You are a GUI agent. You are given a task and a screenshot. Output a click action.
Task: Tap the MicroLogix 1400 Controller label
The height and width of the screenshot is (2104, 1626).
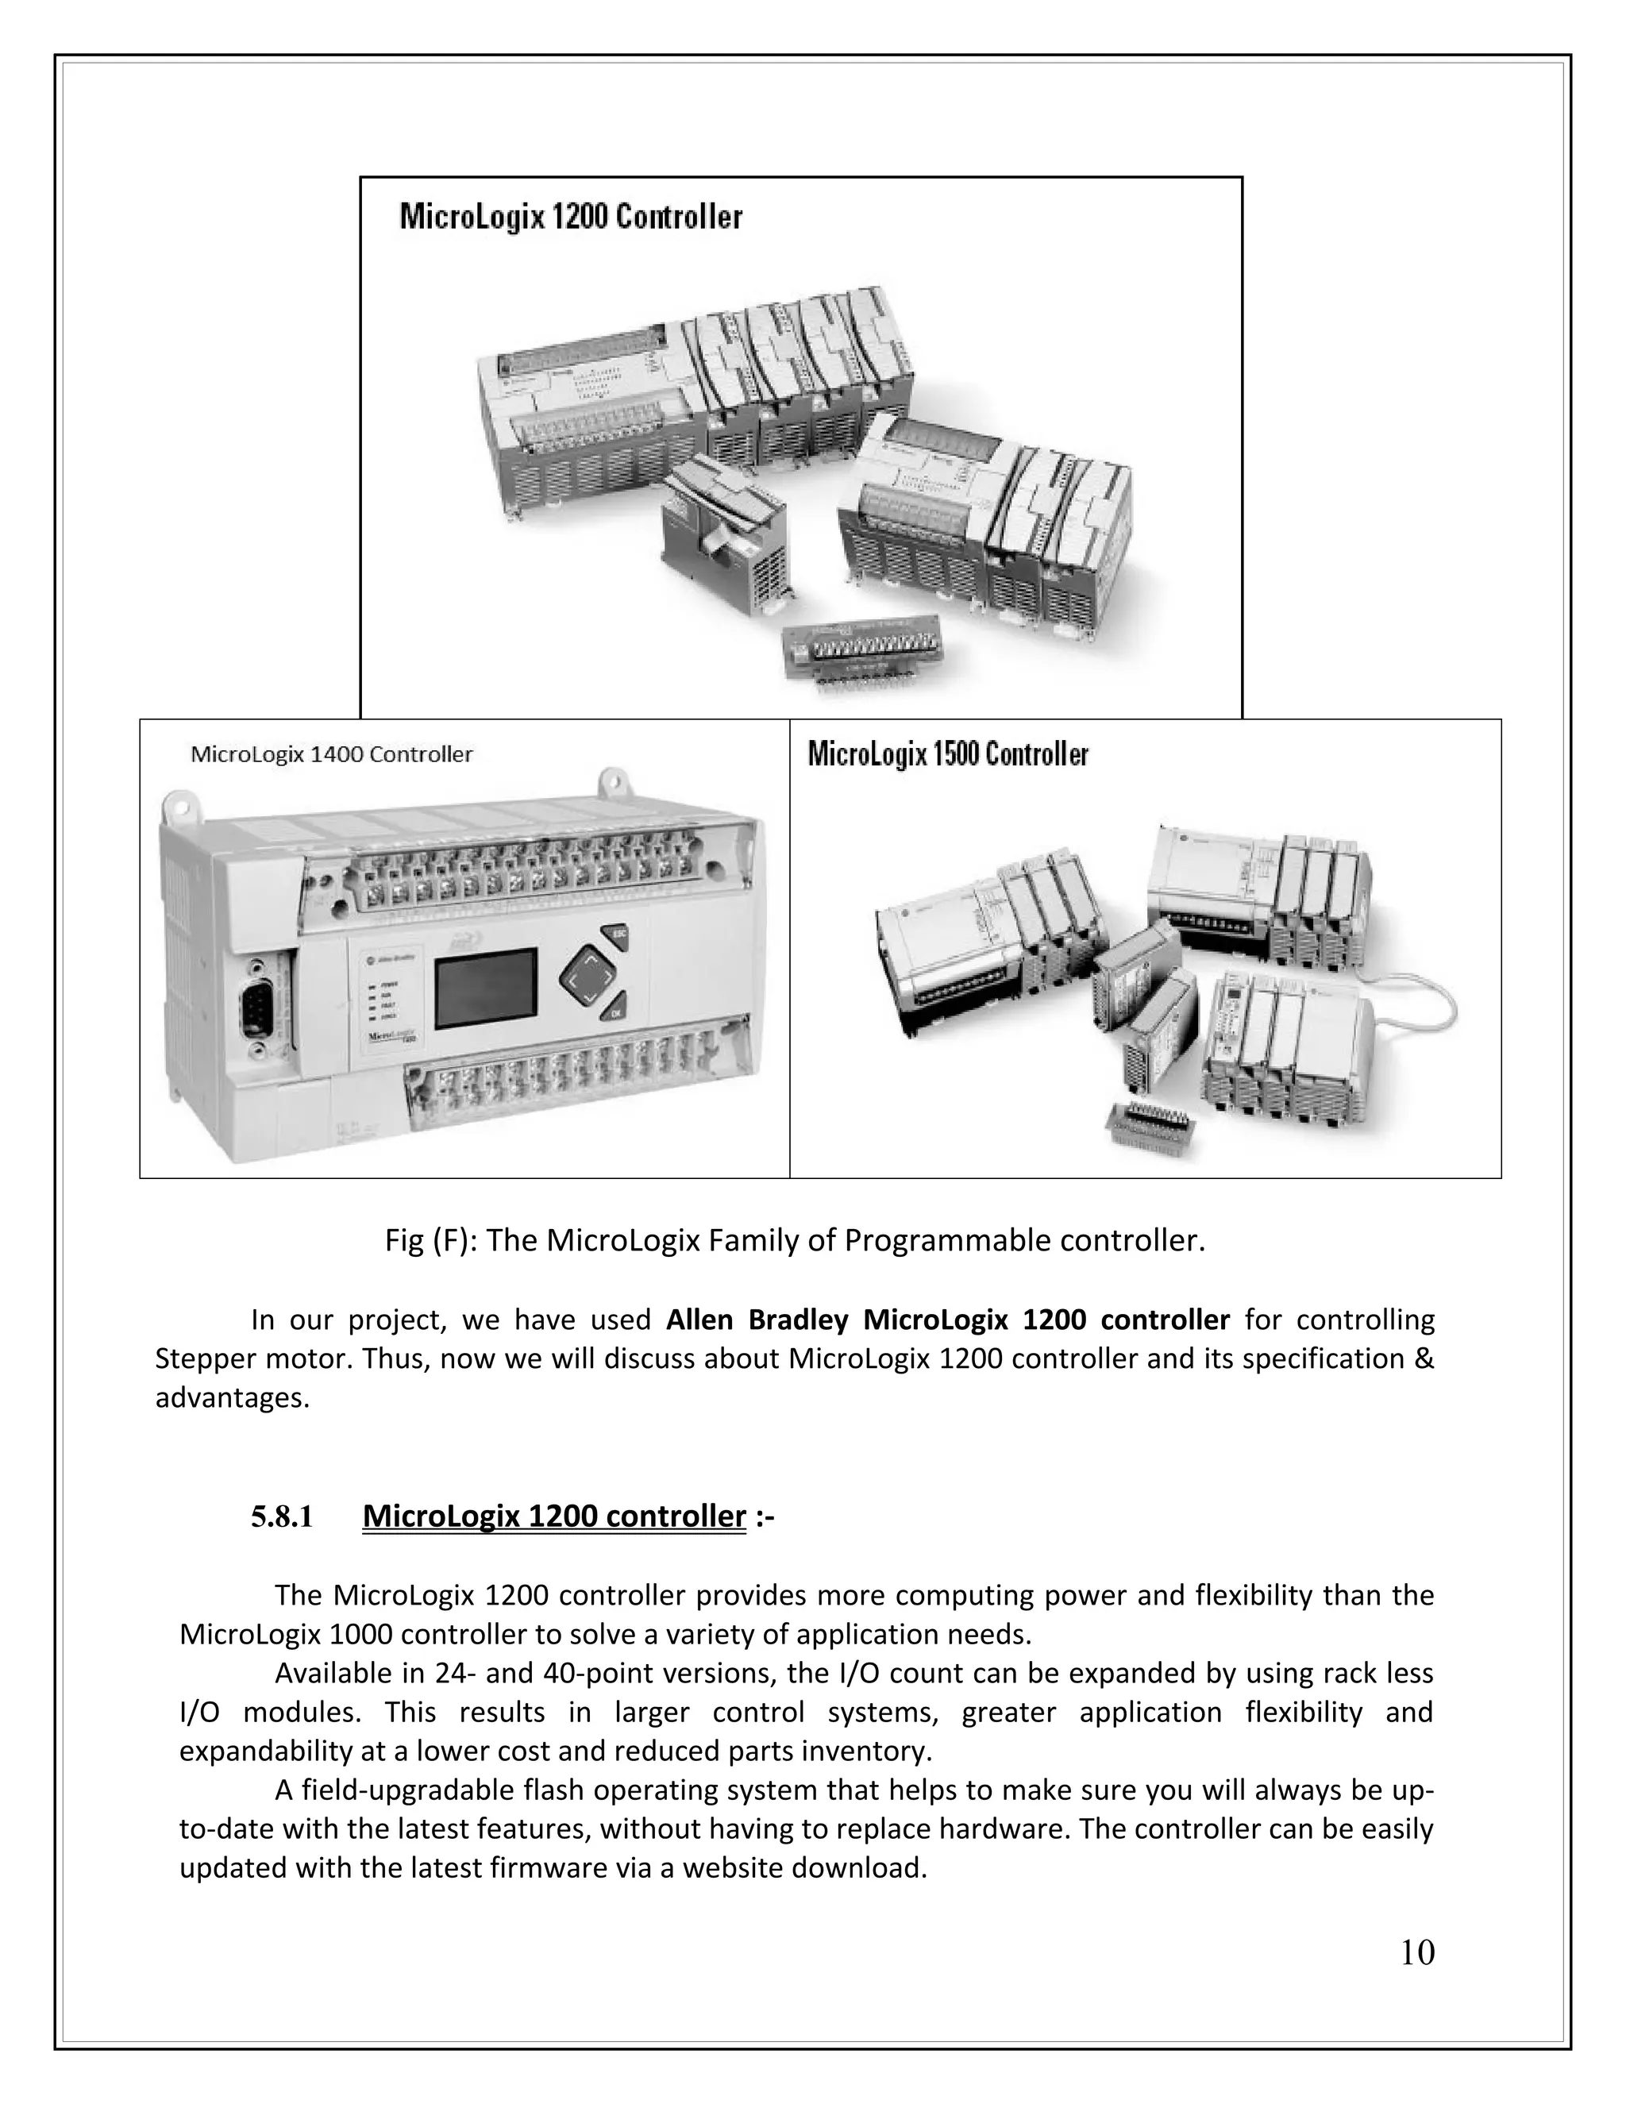coord(331,754)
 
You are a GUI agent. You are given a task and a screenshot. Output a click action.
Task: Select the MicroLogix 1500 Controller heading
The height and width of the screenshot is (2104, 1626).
coord(948,754)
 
